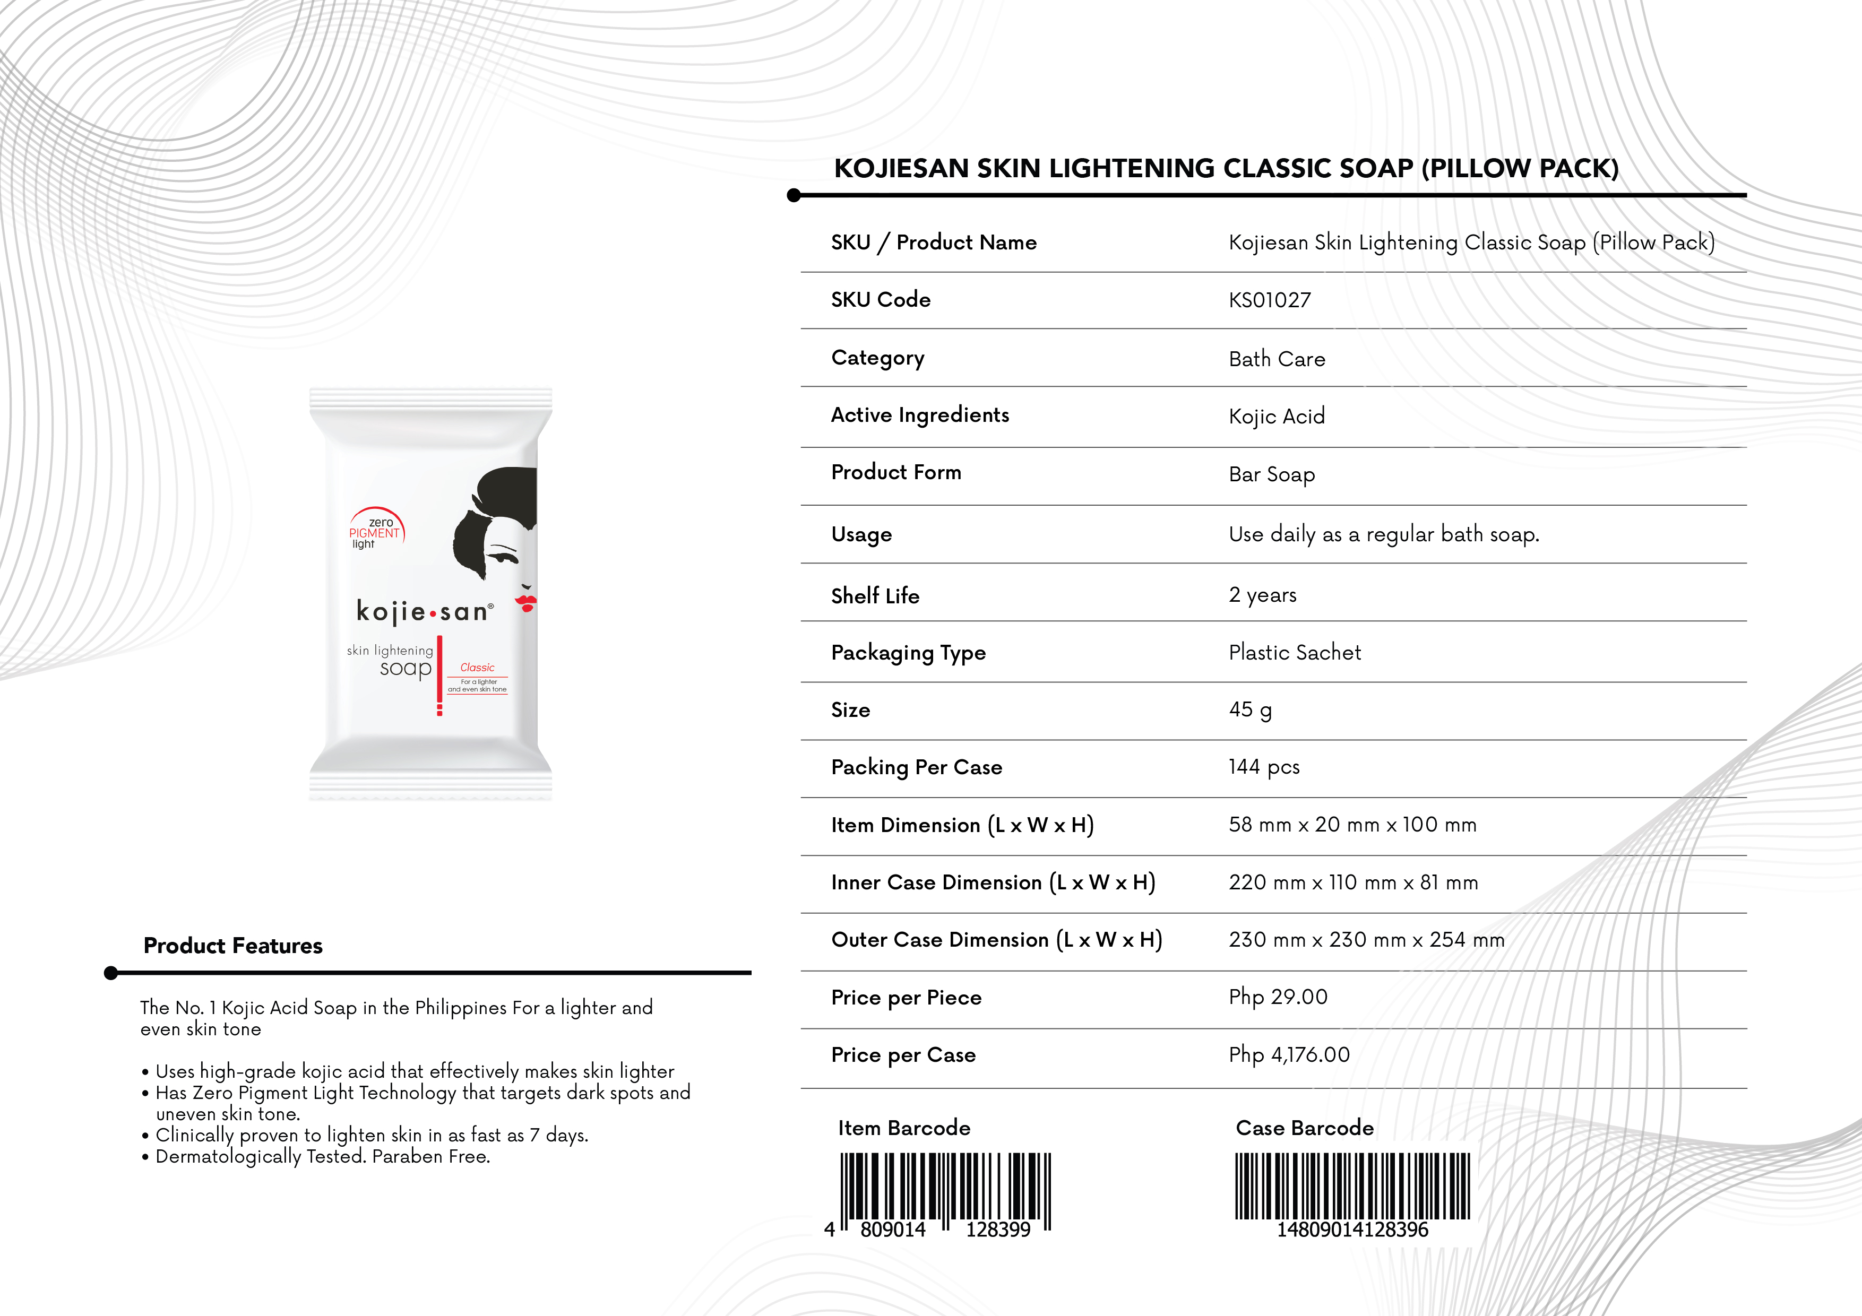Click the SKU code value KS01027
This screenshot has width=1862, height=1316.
tap(1269, 300)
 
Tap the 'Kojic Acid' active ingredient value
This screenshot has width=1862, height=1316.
tap(1277, 417)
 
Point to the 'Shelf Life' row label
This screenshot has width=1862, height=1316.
tap(875, 596)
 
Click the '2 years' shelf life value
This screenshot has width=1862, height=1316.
tap(1262, 595)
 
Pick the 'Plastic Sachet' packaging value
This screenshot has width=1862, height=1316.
tap(1294, 653)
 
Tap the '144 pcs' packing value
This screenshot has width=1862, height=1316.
tap(1263, 767)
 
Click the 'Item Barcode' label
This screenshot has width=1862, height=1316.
tap(903, 1128)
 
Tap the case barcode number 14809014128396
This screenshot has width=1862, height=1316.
tap(1352, 1230)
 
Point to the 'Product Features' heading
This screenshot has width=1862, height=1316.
tap(232, 946)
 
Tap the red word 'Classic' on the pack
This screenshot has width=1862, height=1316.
tap(477, 668)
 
